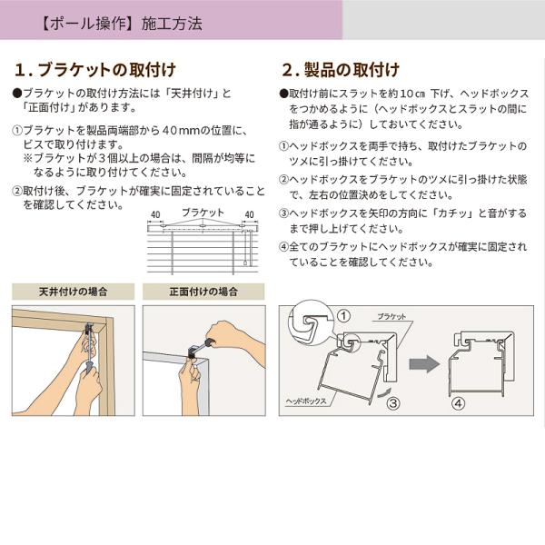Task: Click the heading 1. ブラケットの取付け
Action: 95,70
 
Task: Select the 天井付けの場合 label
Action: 73,292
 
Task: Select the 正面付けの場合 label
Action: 203,292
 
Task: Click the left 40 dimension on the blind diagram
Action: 155,214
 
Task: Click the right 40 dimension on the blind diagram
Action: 249,214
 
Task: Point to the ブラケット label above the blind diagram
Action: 203,212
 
